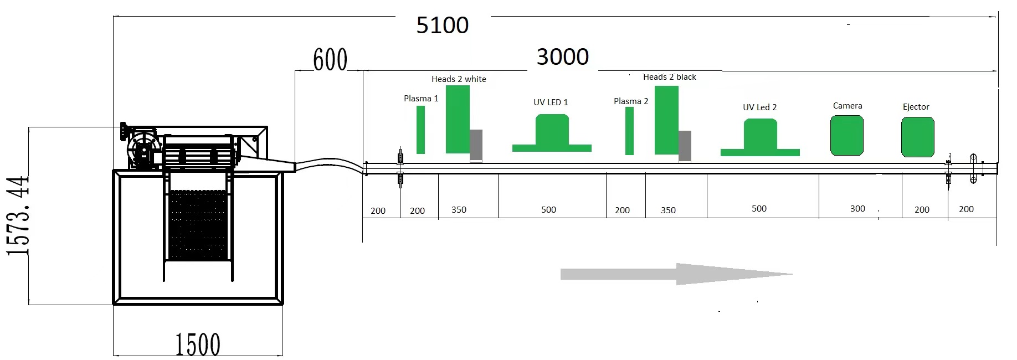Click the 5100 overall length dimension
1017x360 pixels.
pyautogui.click(x=442, y=25)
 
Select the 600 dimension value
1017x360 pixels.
pyautogui.click(x=330, y=60)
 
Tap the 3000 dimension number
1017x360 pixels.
pyautogui.click(x=563, y=57)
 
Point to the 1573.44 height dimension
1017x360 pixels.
pyautogui.click(x=18, y=215)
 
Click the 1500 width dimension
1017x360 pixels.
pyautogui.click(x=198, y=344)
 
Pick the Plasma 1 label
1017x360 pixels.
pyautogui.click(x=421, y=99)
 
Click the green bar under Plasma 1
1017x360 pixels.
pyautogui.click(x=420, y=130)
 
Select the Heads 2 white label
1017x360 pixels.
pyautogui.click(x=459, y=79)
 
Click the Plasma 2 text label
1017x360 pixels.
pyautogui.click(x=631, y=101)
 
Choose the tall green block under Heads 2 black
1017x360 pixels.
pyautogui.click(x=666, y=120)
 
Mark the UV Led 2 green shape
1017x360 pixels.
pyautogui.click(x=760, y=139)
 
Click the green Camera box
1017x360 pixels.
pyautogui.click(x=847, y=135)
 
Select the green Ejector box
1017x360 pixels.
pyautogui.click(x=918, y=137)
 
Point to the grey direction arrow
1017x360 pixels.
pyautogui.click(x=676, y=274)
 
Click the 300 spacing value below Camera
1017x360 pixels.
pyautogui.click(x=857, y=209)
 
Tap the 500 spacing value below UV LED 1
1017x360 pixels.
pyautogui.click(x=548, y=209)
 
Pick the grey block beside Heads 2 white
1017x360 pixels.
pyautogui.click(x=476, y=145)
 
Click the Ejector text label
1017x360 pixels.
pyautogui.click(x=916, y=107)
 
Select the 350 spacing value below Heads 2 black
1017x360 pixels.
pyautogui.click(x=668, y=210)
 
